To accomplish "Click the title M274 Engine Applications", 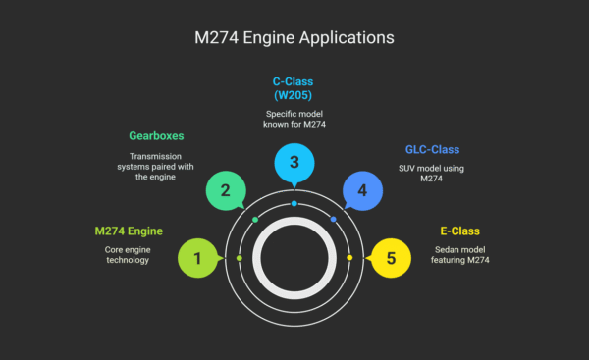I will click(x=294, y=38).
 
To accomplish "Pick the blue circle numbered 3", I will click(x=294, y=162).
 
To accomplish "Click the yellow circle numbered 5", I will click(x=391, y=259).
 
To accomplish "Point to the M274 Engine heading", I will click(x=129, y=231).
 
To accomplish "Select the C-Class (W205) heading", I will click(x=294, y=89).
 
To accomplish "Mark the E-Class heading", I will click(x=458, y=231).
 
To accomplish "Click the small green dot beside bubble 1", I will click(x=240, y=259).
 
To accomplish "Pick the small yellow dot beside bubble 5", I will click(x=349, y=259).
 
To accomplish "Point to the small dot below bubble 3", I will click(x=294, y=203).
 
